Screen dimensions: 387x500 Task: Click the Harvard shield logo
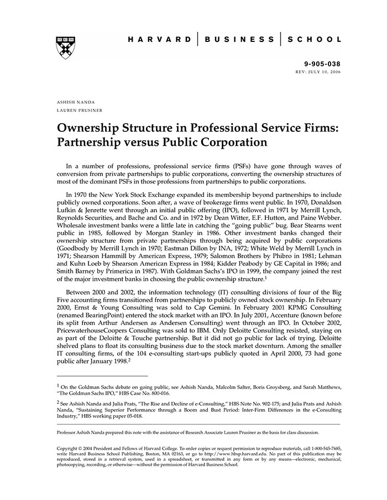[x=65, y=47]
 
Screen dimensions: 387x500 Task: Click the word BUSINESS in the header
[x=239, y=40]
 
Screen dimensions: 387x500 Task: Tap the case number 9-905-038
[x=322, y=64]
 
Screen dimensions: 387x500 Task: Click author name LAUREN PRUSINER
[x=80, y=110]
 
